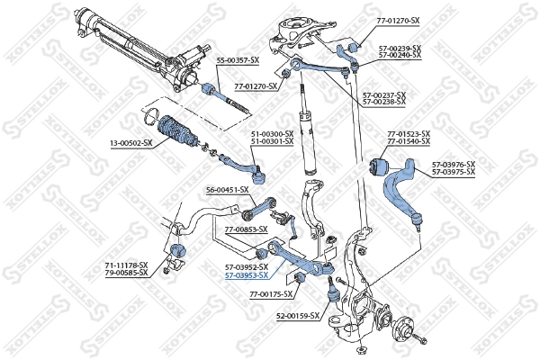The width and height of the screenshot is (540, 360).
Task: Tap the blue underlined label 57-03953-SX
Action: (247, 275)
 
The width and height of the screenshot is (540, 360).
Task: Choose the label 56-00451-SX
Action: (227, 189)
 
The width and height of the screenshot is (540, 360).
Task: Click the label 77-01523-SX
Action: (409, 134)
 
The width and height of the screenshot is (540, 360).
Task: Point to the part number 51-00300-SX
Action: (272, 134)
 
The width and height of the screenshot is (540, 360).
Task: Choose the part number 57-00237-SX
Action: (384, 94)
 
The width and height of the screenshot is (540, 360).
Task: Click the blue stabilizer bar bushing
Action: (177, 248)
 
